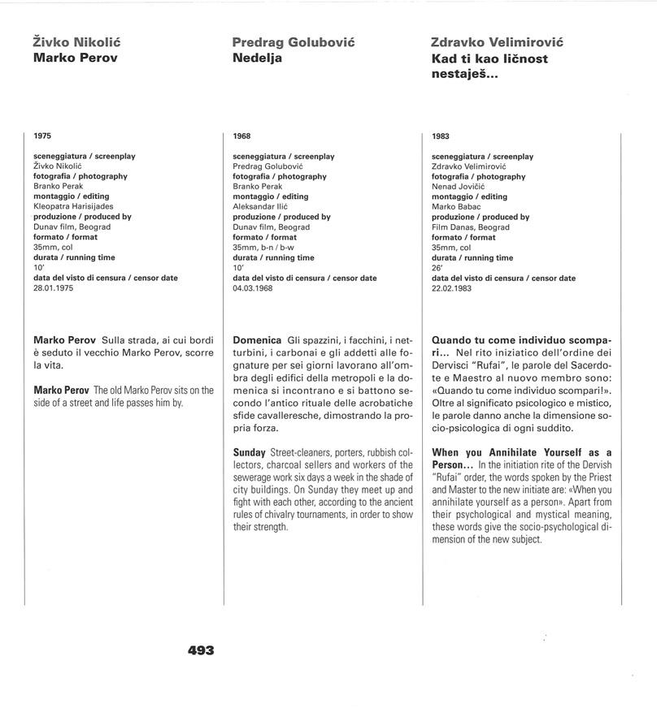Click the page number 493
tap(201, 650)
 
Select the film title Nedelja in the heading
tap(257, 58)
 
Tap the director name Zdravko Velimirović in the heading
tap(497, 42)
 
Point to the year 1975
tap(42, 136)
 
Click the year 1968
tap(241, 136)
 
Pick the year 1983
tap(441, 136)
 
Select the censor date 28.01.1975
tap(53, 288)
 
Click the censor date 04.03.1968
tap(252, 288)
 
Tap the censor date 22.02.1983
tap(451, 288)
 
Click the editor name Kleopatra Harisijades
tap(73, 207)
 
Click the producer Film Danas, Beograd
tap(471, 227)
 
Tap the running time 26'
tap(437, 268)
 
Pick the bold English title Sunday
tap(249, 452)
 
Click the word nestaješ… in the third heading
tap(464, 75)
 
